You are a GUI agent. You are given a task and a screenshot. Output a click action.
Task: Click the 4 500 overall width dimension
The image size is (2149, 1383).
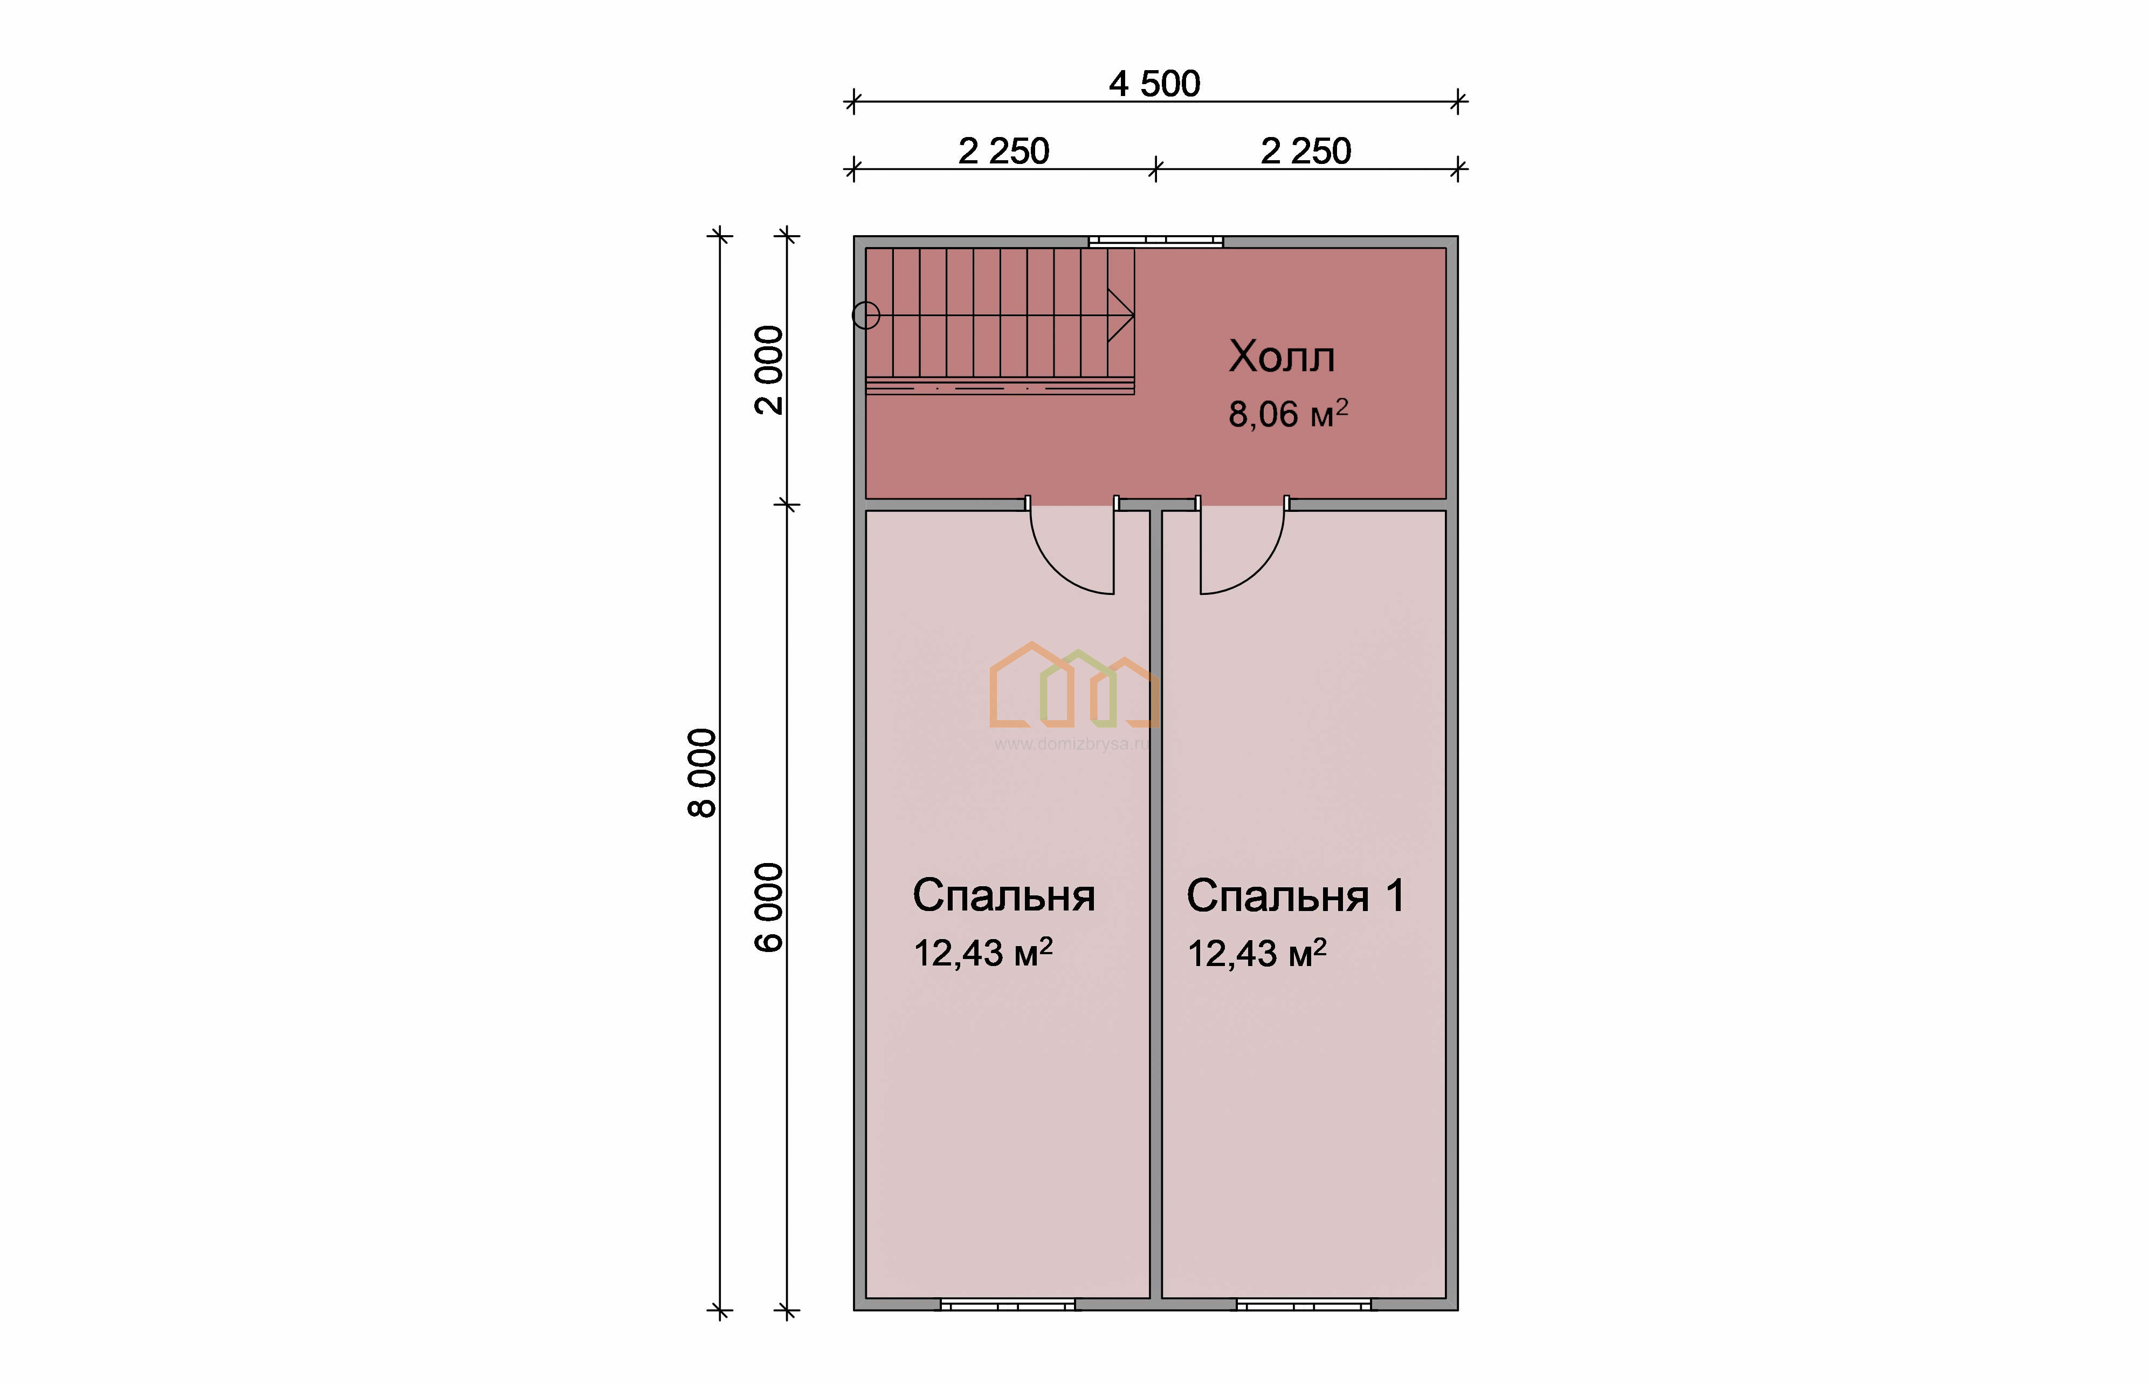click(x=1154, y=85)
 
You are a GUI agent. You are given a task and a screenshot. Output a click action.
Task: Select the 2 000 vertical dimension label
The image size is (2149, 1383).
click(x=769, y=370)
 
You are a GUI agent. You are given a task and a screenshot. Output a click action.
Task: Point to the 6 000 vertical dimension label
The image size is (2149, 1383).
click(x=769, y=907)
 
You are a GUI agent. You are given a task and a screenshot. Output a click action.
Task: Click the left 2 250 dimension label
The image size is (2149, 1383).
click(x=1003, y=151)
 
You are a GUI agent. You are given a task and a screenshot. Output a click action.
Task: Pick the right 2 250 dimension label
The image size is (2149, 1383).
click(x=1306, y=151)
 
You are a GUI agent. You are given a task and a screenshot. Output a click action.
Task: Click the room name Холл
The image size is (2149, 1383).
click(x=1282, y=357)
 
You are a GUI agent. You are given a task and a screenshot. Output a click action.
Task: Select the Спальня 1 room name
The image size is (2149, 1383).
click(x=1296, y=895)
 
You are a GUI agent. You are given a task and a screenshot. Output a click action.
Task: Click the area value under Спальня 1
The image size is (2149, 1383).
click(x=1257, y=953)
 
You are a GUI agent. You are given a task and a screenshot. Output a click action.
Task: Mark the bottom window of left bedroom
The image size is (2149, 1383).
click(x=1007, y=1304)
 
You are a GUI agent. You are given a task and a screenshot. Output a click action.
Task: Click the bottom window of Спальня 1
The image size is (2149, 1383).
click(x=1304, y=1304)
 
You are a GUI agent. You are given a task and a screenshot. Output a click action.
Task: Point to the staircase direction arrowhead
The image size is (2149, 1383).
click(x=1121, y=315)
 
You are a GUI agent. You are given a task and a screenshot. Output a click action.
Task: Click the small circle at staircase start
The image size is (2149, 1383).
click(x=865, y=315)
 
